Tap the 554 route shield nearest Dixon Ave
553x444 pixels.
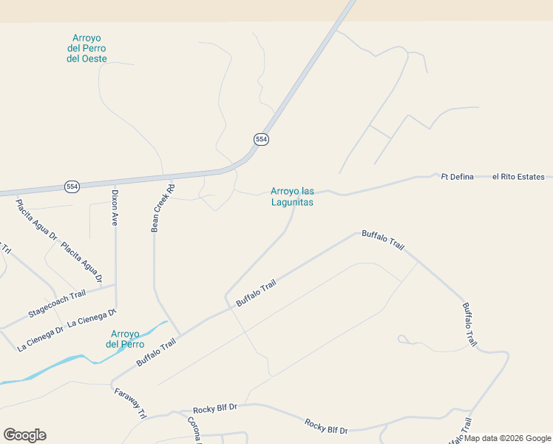tap(72, 186)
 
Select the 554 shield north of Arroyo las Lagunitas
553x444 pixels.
tap(261, 139)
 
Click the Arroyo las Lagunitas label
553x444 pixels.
tap(292, 196)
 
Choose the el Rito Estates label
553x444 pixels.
tap(518, 177)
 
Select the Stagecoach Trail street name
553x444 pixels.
tap(56, 304)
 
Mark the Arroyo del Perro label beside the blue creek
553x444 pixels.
tap(125, 339)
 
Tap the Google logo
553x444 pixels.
tap(24, 435)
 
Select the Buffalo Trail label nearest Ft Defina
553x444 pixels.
tap(383, 239)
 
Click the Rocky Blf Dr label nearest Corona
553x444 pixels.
tap(214, 408)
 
